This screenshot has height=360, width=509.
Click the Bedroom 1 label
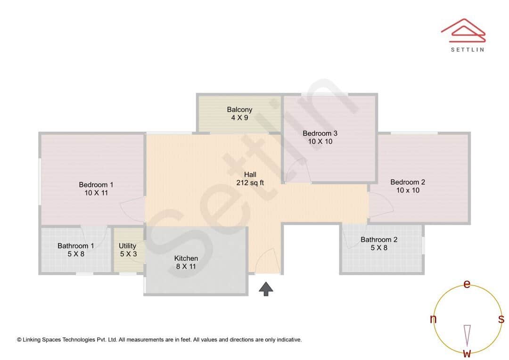click(96, 185)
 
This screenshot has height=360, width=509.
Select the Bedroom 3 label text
click(320, 133)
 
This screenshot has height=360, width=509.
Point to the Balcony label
click(239, 110)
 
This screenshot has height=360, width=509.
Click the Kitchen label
click(186, 258)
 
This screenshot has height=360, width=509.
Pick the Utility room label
click(127, 246)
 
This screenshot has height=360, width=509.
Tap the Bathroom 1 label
click(75, 246)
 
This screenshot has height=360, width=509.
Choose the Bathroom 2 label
click(379, 240)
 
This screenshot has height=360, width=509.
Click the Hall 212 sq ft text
click(250, 179)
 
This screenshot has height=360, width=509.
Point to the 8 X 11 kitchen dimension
click(186, 267)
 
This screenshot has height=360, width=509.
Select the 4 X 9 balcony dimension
click(239, 118)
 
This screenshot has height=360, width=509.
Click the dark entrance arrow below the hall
click(266, 289)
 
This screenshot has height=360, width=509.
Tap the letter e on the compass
click(467, 284)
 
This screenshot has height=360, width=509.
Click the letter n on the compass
click(433, 319)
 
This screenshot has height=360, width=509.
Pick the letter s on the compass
click(501, 319)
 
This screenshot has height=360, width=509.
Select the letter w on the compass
click(467, 353)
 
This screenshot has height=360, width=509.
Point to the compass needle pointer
click(467, 335)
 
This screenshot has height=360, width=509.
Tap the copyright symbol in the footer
click(19, 340)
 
